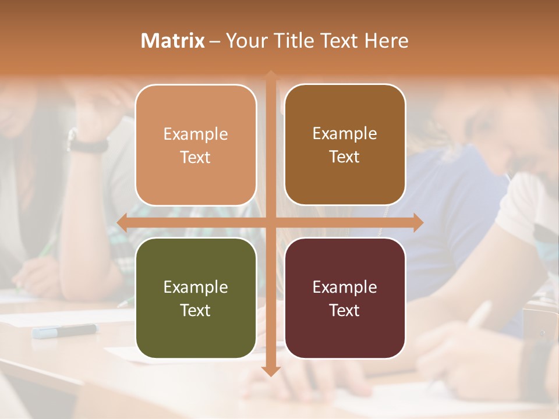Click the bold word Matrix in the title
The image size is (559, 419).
(x=173, y=41)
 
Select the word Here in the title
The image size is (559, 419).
(x=387, y=41)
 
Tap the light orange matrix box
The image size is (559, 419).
(x=196, y=145)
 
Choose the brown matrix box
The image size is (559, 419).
(x=345, y=144)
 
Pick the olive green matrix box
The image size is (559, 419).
(x=196, y=298)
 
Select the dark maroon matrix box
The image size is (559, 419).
(x=345, y=298)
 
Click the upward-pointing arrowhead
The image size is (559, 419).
(x=271, y=75)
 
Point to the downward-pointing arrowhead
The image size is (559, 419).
(x=271, y=371)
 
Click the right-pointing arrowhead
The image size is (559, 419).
(x=418, y=222)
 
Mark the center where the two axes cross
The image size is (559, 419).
(x=271, y=222)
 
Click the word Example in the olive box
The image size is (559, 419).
(x=196, y=287)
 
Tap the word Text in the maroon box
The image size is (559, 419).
(x=345, y=310)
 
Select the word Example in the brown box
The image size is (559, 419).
(x=345, y=133)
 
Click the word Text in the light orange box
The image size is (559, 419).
(x=196, y=157)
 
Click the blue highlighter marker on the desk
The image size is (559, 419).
(x=64, y=331)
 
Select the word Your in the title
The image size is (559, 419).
(x=243, y=41)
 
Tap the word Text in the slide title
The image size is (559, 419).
(x=338, y=41)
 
